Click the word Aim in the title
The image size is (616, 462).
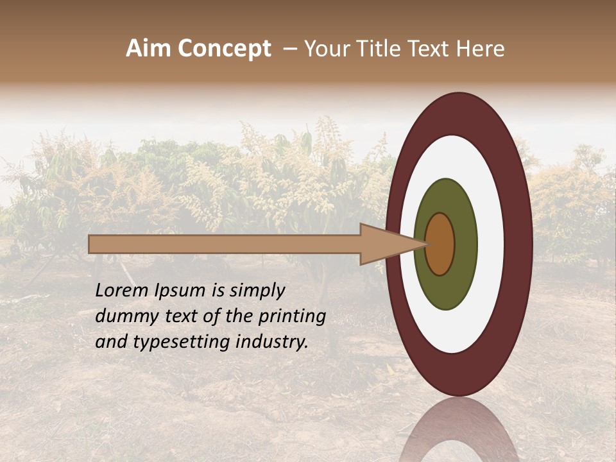(x=148, y=49)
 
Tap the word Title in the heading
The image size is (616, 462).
(x=377, y=49)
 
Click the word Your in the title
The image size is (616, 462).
(x=325, y=49)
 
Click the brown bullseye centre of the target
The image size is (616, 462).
(x=440, y=244)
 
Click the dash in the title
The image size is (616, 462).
(x=289, y=49)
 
